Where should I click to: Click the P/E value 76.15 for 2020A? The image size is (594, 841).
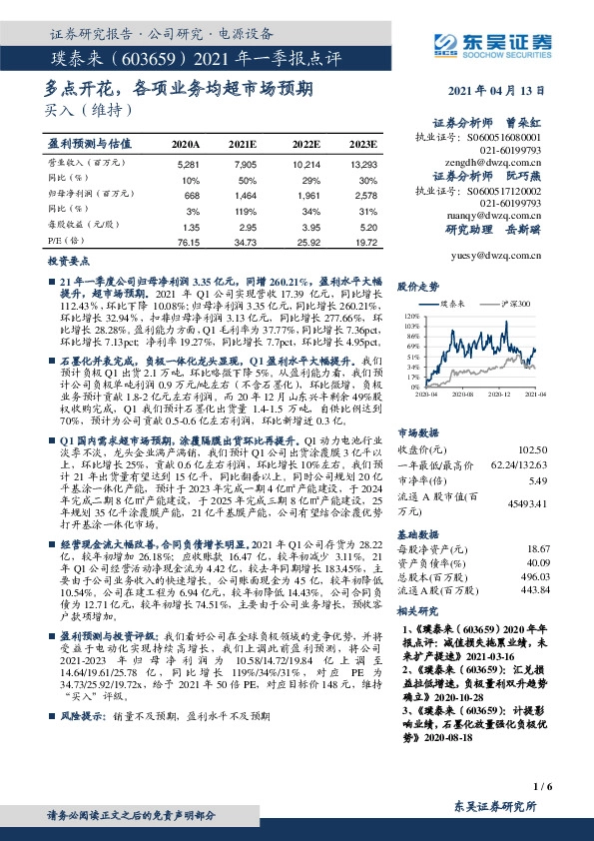[x=187, y=242]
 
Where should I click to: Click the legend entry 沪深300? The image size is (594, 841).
[x=511, y=303]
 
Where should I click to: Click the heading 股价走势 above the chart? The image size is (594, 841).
[x=418, y=286]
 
